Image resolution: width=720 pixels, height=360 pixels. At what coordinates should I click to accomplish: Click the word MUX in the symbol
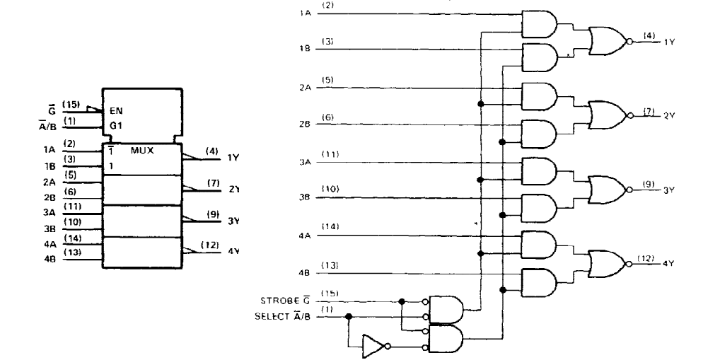click(142, 150)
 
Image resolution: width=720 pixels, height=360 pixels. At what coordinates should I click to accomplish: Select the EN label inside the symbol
click(116, 110)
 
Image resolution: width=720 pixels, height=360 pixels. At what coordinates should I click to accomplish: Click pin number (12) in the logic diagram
click(646, 259)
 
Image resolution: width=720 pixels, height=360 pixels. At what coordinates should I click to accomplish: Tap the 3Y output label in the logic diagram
click(668, 190)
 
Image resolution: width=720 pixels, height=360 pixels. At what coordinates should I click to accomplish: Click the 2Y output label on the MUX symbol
click(233, 189)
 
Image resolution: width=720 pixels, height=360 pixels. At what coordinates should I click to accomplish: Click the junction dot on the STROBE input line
click(402, 301)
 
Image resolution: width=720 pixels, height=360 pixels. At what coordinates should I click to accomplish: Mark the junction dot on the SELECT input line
click(349, 316)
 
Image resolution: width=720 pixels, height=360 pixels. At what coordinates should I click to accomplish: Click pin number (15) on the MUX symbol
click(71, 105)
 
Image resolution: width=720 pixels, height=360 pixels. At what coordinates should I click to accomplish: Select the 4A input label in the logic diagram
click(305, 236)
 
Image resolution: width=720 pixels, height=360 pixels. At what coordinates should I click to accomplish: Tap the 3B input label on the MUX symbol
click(50, 228)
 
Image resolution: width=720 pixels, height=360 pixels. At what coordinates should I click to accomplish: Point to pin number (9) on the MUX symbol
click(213, 214)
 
